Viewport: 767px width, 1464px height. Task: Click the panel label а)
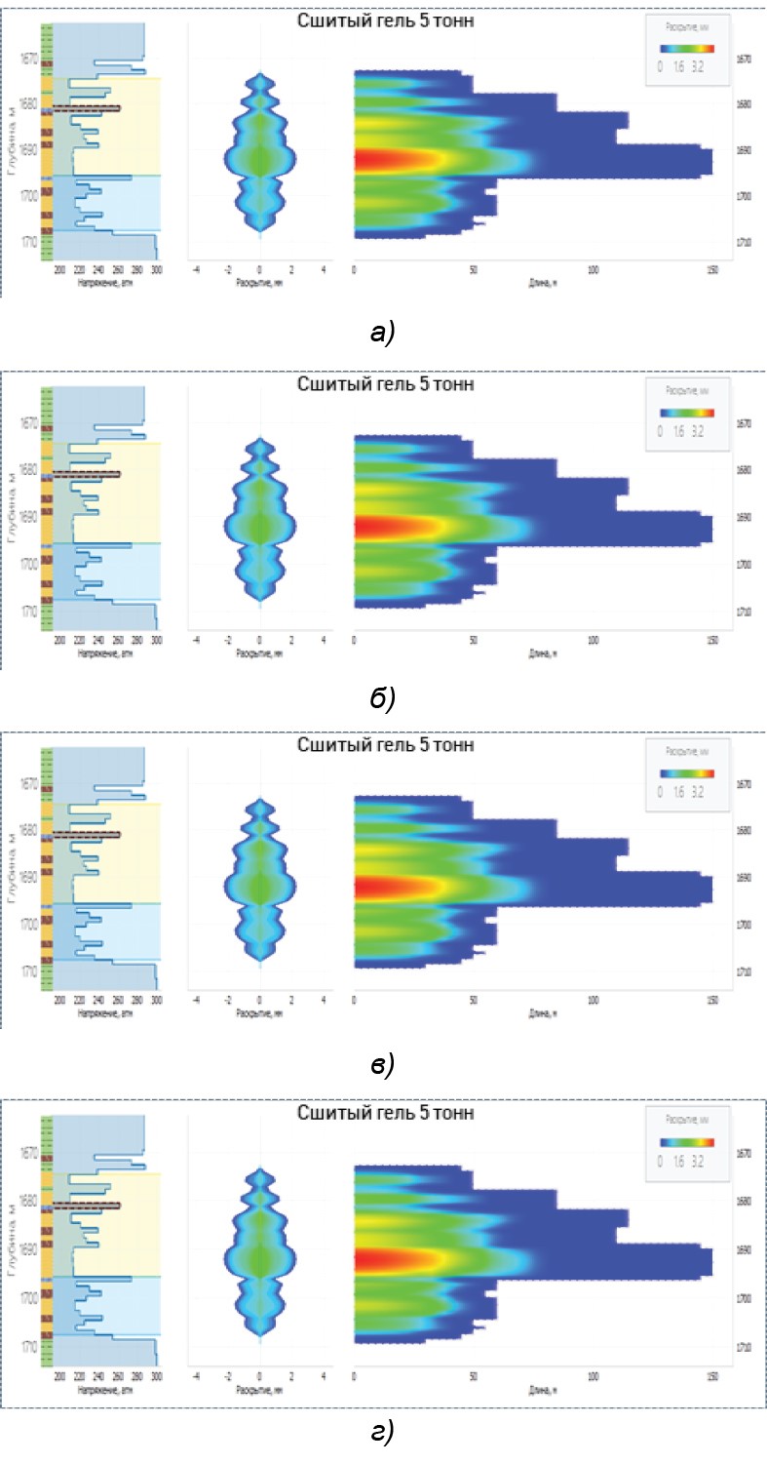(x=382, y=334)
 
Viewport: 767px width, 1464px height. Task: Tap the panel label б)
(x=382, y=698)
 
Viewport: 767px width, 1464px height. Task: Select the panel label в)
(x=382, y=1065)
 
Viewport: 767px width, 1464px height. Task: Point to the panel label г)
(x=382, y=1431)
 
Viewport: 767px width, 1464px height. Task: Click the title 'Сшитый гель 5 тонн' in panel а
(x=386, y=21)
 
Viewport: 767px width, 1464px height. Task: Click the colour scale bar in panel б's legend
(x=687, y=413)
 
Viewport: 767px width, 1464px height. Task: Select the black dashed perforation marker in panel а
(x=87, y=108)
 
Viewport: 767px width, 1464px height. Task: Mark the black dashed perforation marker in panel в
(x=87, y=834)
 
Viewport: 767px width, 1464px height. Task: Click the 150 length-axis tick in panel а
(x=712, y=269)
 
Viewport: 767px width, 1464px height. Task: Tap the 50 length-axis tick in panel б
(x=473, y=640)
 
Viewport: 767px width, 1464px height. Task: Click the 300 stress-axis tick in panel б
(x=157, y=640)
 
